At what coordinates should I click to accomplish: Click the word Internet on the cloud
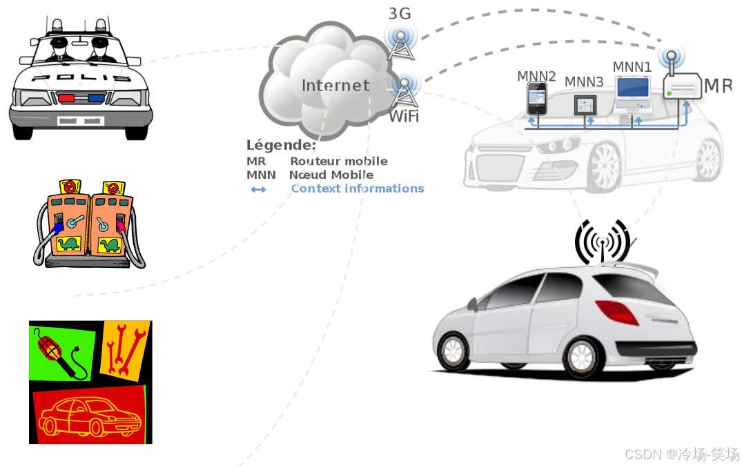(x=335, y=86)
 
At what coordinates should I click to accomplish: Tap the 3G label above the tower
(x=400, y=13)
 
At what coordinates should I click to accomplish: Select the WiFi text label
(x=403, y=116)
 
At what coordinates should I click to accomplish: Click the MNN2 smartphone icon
(x=536, y=99)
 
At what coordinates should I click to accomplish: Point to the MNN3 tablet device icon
(x=585, y=105)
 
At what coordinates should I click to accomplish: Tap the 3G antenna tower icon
(x=400, y=43)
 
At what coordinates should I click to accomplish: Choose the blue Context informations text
(x=358, y=188)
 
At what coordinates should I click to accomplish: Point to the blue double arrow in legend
(x=258, y=189)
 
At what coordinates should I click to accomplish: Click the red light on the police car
(x=66, y=98)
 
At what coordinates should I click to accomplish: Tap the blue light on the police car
(x=96, y=98)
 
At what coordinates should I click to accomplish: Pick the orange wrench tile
(x=124, y=349)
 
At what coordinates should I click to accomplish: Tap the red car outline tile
(x=89, y=415)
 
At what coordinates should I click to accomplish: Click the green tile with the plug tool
(x=61, y=353)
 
